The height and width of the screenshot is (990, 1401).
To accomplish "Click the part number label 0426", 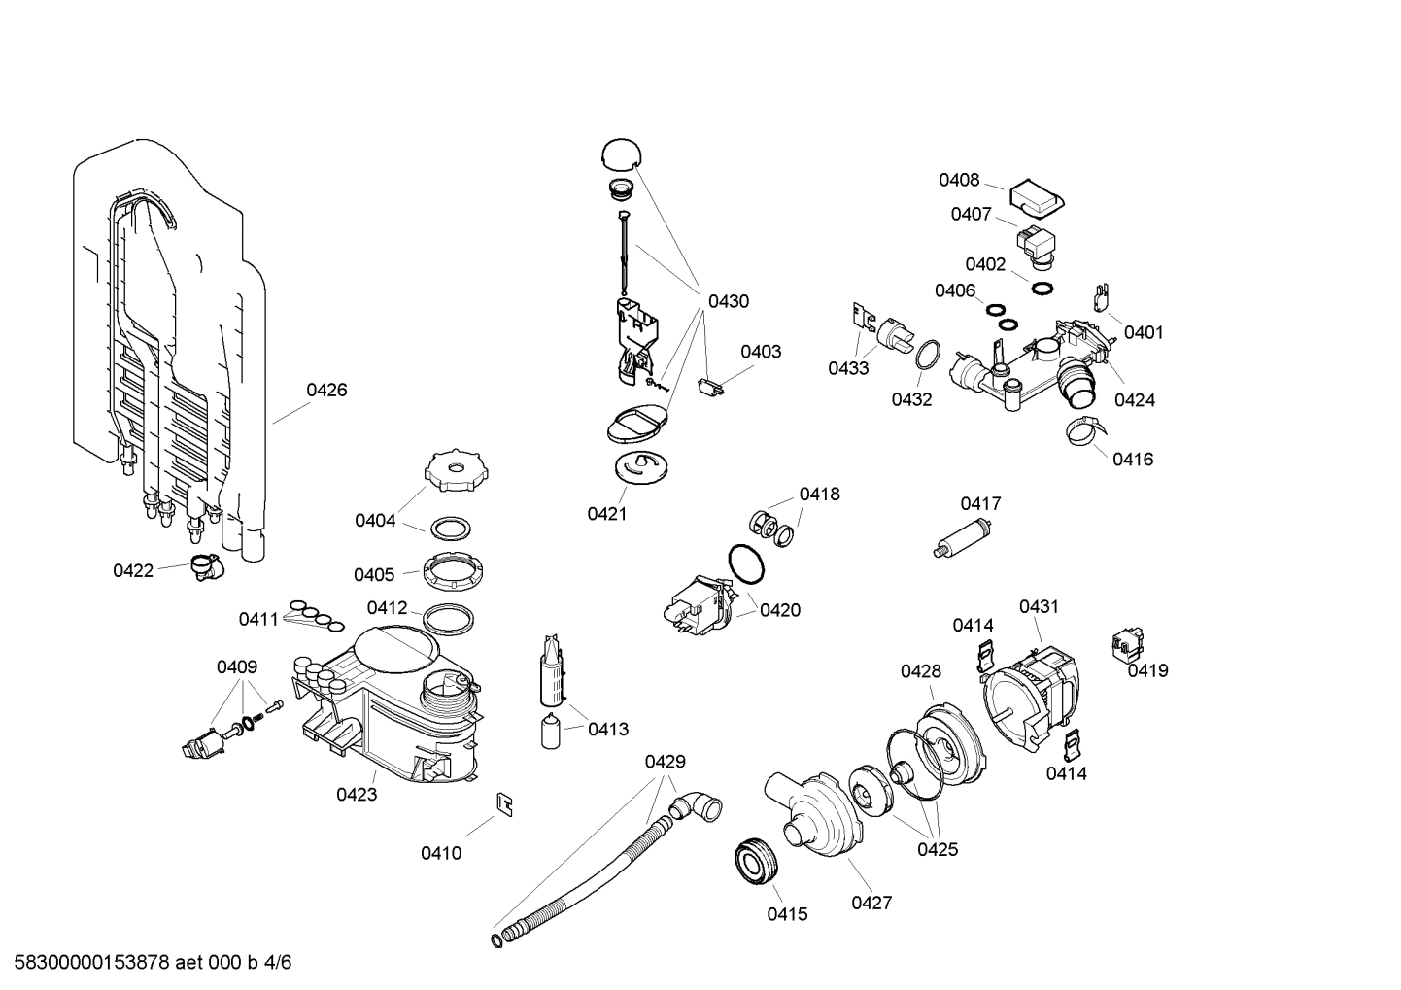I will click(326, 391).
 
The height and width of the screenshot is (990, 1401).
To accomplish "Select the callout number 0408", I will click(958, 180).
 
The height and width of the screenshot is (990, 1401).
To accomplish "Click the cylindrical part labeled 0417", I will click(963, 538).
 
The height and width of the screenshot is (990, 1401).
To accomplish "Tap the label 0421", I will click(606, 514).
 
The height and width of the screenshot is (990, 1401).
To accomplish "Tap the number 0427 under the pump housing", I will click(871, 904).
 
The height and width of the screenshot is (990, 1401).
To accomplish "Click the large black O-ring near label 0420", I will click(745, 563).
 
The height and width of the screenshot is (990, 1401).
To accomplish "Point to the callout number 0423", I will click(357, 795).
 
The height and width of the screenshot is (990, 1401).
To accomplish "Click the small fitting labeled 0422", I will click(204, 565).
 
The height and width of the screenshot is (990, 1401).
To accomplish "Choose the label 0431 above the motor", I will click(1039, 607).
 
